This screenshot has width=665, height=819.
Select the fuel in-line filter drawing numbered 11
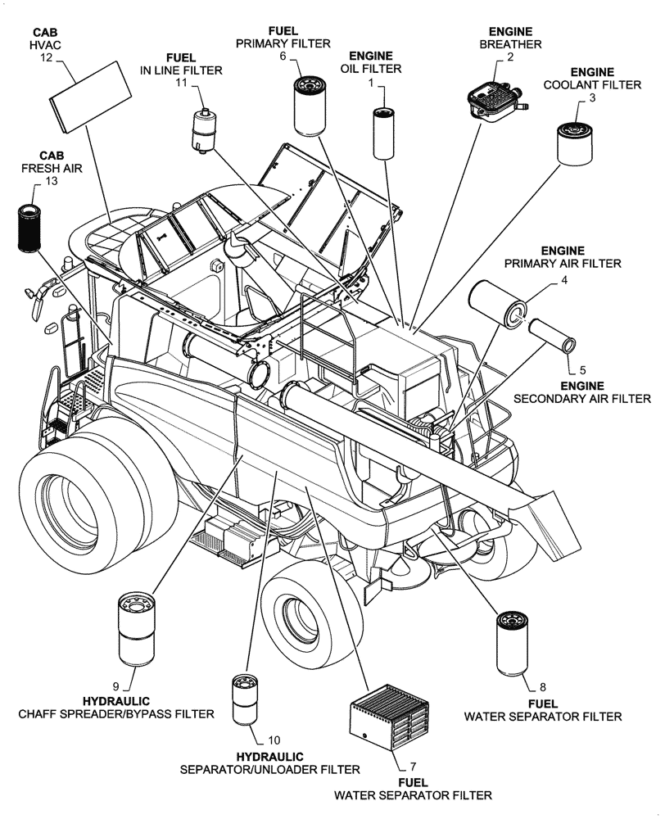[201, 129]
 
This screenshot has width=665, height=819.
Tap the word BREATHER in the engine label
[509, 43]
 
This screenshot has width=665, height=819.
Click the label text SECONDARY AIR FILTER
[581, 399]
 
